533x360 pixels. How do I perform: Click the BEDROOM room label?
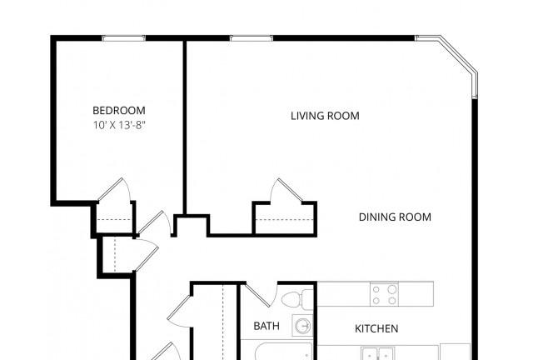click(x=119, y=111)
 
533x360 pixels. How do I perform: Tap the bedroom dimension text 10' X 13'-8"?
click(x=119, y=125)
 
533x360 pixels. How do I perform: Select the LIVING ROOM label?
click(x=325, y=116)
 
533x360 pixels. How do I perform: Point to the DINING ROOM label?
click(x=395, y=217)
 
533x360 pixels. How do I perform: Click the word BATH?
click(x=266, y=326)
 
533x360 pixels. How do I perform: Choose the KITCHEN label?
click(x=376, y=328)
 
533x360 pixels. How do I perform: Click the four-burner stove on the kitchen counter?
click(x=385, y=294)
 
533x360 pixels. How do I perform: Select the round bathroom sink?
click(x=302, y=327)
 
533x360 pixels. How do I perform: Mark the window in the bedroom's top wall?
click(x=124, y=38)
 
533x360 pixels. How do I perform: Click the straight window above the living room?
click(x=252, y=38)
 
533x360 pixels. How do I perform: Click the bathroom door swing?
click(x=257, y=294)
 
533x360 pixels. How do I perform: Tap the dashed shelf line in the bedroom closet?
click(x=114, y=220)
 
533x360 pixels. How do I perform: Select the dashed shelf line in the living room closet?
click(x=284, y=220)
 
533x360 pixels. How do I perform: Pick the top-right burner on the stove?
click(x=392, y=289)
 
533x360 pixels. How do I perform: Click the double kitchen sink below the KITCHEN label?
click(x=378, y=353)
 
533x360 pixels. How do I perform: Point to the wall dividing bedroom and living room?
click(x=185, y=127)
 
